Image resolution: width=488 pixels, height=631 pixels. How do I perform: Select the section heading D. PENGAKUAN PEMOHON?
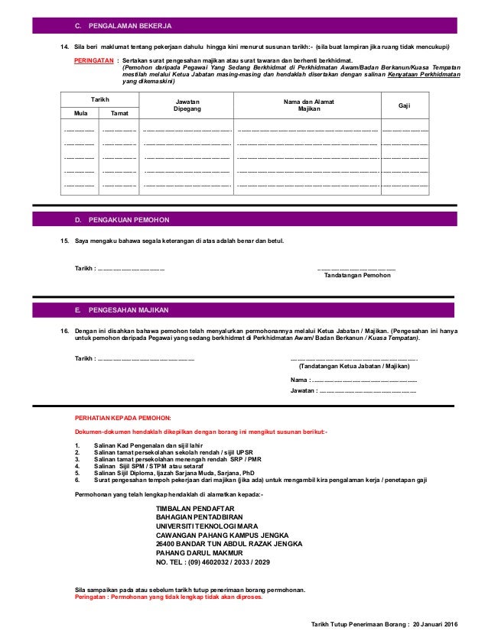122,219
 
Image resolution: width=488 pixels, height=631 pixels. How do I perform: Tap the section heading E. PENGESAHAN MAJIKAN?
124,312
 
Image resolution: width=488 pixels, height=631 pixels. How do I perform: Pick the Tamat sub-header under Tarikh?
119,115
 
